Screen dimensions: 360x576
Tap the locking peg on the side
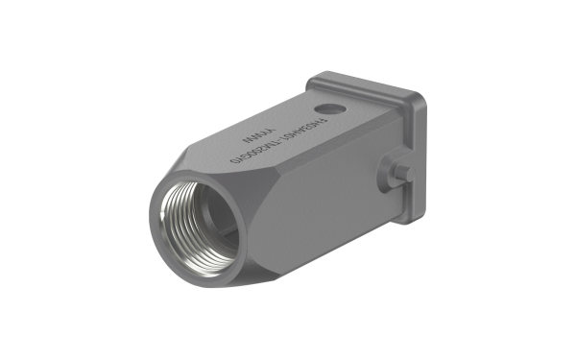402,173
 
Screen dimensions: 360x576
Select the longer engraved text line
278,139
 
